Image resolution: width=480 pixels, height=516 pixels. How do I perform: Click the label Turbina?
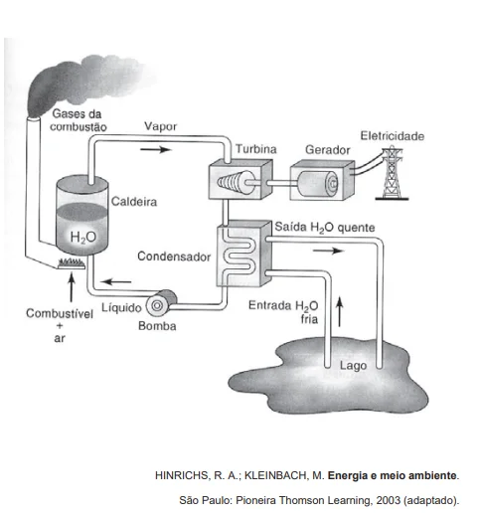[256, 149]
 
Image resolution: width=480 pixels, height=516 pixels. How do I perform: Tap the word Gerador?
[328, 150]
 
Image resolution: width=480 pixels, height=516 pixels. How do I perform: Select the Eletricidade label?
[393, 136]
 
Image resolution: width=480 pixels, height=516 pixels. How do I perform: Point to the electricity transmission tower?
[393, 173]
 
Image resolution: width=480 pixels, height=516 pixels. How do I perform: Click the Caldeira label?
[134, 202]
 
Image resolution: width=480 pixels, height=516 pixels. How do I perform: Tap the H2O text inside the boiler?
[83, 237]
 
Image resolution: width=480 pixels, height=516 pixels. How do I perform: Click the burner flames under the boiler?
[71, 263]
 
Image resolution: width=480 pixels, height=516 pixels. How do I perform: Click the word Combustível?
[60, 313]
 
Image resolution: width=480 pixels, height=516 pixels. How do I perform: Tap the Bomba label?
[157, 326]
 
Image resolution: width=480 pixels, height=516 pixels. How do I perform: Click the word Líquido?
[121, 307]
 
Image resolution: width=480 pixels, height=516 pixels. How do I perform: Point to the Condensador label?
[174, 257]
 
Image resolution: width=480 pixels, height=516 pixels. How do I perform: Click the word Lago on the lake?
[353, 366]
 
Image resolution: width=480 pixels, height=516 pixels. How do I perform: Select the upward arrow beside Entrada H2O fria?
[340, 311]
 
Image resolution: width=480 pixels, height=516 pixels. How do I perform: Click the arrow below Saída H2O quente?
[328, 251]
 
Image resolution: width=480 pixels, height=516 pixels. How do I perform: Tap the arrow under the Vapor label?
[155, 149]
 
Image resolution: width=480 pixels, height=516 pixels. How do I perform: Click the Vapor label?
[160, 126]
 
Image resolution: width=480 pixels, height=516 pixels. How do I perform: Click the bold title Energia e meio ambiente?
[393, 475]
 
